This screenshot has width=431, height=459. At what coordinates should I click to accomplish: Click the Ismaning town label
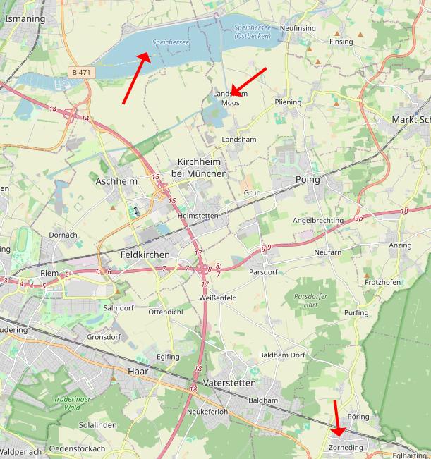click(x=25, y=19)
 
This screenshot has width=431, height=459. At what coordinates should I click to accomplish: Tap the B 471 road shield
click(x=81, y=72)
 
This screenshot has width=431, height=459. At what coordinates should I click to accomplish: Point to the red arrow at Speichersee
click(x=136, y=78)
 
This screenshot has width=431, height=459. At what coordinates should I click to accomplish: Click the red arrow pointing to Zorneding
click(x=337, y=418)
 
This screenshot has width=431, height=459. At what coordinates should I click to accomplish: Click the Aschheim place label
click(x=115, y=181)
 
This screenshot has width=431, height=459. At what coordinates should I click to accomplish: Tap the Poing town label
click(x=308, y=180)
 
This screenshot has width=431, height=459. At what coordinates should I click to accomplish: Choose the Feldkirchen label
click(x=145, y=255)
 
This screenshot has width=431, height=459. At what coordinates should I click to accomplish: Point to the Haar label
click(x=138, y=371)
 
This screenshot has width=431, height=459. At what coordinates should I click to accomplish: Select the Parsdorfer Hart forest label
click(x=311, y=301)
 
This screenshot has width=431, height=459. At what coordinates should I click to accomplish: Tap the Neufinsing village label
click(x=298, y=27)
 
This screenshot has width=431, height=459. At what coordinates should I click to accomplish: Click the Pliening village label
click(x=288, y=102)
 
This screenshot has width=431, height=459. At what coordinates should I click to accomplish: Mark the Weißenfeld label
click(x=217, y=298)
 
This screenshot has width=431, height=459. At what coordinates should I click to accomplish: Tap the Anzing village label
click(x=400, y=245)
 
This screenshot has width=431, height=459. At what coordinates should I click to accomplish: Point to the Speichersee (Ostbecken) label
click(x=252, y=31)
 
